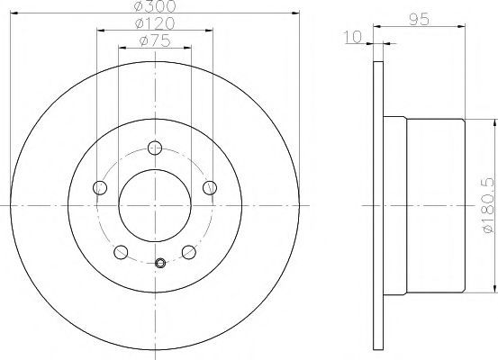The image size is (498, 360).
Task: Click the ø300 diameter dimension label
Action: [155, 5]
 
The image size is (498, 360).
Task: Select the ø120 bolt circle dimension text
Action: [155, 22]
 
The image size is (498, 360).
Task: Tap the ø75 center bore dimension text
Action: [155, 40]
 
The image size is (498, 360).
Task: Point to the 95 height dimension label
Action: [419, 20]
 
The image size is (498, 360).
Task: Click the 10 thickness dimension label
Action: [353, 37]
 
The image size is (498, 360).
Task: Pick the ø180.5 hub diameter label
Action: [489, 206]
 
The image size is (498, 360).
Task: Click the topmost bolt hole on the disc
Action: [155, 148]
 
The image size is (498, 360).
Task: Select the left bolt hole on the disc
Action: [100, 187]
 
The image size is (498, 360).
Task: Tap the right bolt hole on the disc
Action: [210, 187]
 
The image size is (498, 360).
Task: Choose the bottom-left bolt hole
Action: [121, 252]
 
